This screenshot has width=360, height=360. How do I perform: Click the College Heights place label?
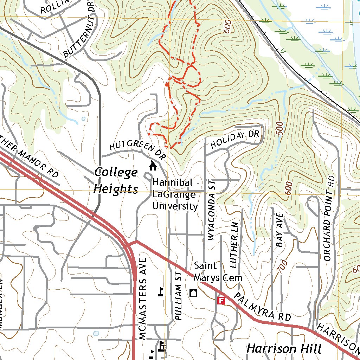pyautogui.click(x=116, y=180)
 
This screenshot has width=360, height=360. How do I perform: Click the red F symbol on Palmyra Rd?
pyautogui.click(x=221, y=300)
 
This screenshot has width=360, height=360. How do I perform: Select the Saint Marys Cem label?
pyautogui.click(x=218, y=272)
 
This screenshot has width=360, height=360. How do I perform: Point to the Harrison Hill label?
pyautogui.click(x=284, y=349)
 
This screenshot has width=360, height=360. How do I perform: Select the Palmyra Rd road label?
pyautogui.click(x=263, y=307)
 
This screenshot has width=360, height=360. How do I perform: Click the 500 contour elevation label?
pyautogui.click(x=280, y=128)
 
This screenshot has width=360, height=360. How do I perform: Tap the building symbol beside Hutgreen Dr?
pyautogui.click(x=153, y=165)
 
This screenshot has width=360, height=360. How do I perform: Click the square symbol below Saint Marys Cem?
pyautogui.click(x=193, y=293)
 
